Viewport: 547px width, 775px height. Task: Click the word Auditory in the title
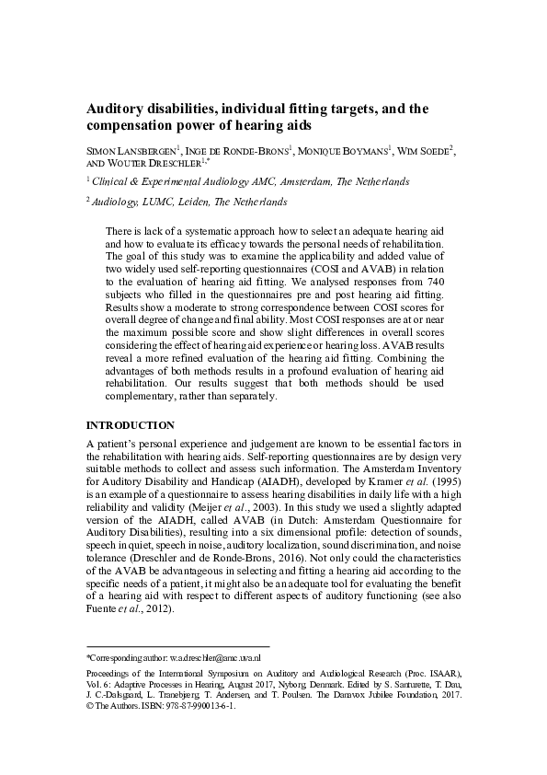point(115,109)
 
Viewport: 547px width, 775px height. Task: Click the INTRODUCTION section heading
point(130,425)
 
